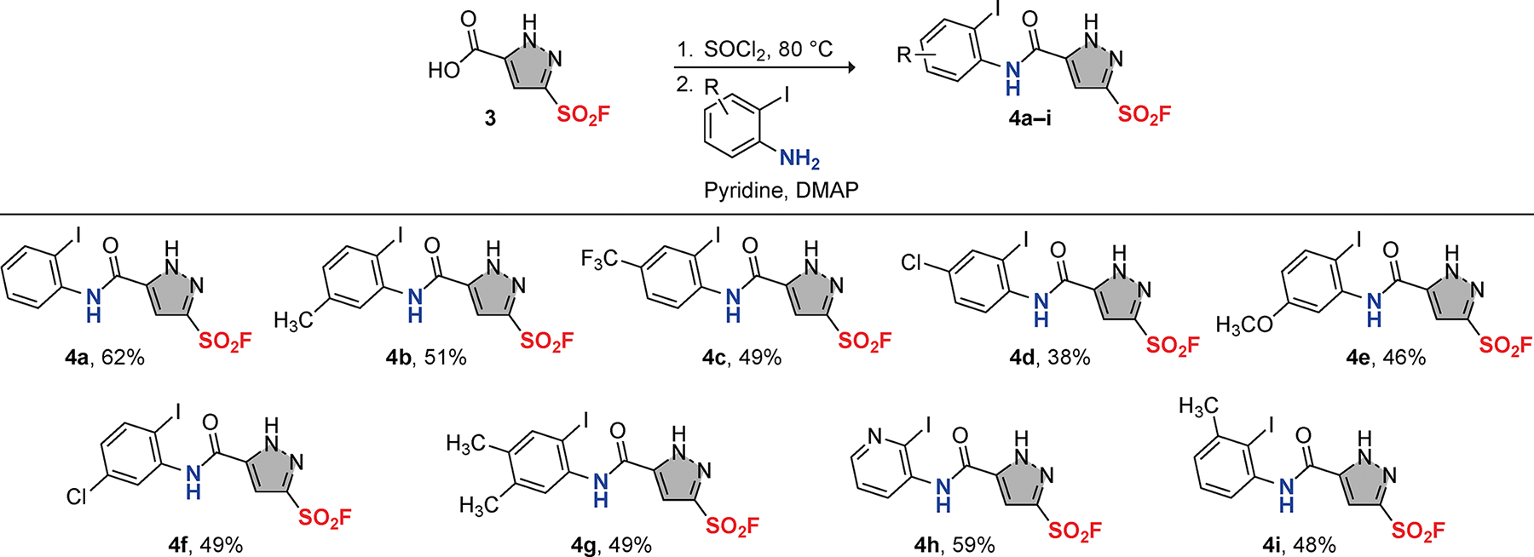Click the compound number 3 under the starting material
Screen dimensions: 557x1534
point(489,118)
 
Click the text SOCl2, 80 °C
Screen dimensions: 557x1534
point(767,49)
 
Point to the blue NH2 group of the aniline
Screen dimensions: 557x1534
point(799,158)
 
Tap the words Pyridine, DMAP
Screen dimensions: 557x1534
point(781,190)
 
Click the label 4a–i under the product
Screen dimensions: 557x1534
point(1029,118)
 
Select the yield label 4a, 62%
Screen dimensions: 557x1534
point(105,358)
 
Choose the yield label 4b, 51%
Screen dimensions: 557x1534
point(426,358)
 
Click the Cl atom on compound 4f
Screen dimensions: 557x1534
point(78,496)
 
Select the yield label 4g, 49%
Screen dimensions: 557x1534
point(611,545)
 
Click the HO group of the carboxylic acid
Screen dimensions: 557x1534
point(444,71)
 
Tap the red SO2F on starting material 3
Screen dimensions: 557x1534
point(584,114)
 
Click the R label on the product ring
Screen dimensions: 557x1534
point(904,56)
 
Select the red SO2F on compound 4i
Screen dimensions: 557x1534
point(1418,531)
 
